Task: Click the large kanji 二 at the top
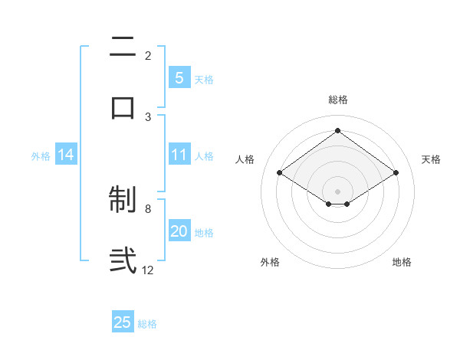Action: coord(123,47)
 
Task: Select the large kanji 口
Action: coord(123,106)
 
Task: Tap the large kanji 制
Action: coord(123,201)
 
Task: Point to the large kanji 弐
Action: coord(123,260)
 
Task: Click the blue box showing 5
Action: coord(179,77)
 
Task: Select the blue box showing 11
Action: coord(179,155)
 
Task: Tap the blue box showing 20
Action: coord(179,232)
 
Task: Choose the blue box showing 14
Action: coord(66,155)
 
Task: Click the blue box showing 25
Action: coord(123,322)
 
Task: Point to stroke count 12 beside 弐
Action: coord(148,270)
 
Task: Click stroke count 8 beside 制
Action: coord(148,208)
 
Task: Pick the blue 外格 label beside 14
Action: coord(41,155)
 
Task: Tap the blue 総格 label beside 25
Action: coord(147,323)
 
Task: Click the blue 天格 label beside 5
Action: coord(204,79)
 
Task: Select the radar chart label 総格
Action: coord(338,100)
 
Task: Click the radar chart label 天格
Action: coord(431,159)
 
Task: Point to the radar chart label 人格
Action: coord(245,159)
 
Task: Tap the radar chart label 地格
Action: coord(402,262)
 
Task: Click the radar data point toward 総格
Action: coord(337,131)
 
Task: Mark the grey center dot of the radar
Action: coord(337,190)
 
